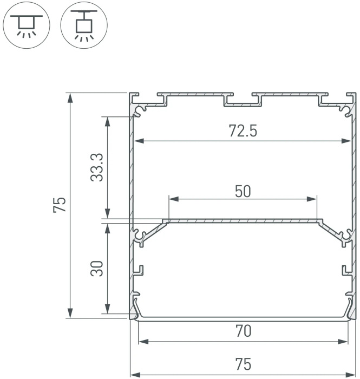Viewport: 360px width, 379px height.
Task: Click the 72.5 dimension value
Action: pyautogui.click(x=243, y=131)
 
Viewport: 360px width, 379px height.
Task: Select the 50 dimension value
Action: pyautogui.click(x=243, y=191)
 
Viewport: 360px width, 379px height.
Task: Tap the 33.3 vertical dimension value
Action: pyautogui.click(x=97, y=167)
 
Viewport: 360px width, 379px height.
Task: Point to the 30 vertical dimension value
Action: pyautogui.click(x=97, y=269)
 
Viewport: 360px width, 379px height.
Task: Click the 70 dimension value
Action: pyautogui.click(x=243, y=331)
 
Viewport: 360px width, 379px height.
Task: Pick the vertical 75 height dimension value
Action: pyautogui.click(x=60, y=205)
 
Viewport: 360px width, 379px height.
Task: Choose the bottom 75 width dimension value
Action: pyautogui.click(x=243, y=364)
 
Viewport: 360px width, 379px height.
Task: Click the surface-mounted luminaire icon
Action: pyautogui.click(x=27, y=25)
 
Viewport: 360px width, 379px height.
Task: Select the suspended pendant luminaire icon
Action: pyautogui.click(x=84, y=25)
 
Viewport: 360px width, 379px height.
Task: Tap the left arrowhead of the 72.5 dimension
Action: pyautogui.click(x=139, y=141)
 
